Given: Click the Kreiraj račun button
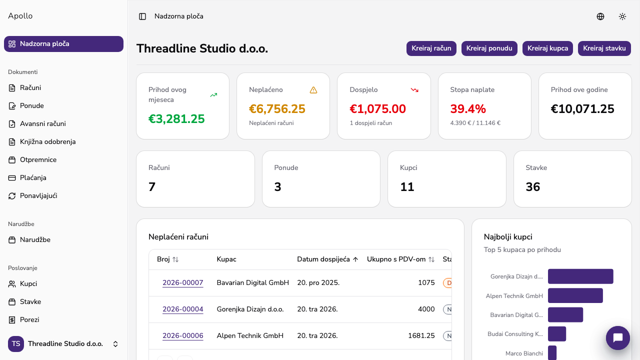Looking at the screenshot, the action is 431,48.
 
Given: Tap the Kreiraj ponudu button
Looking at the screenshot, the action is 489,48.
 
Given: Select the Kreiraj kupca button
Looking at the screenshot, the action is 547,48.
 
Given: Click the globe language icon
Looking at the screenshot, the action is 600,16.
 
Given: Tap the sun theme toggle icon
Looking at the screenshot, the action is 622,16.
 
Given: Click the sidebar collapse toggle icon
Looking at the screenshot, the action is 142,16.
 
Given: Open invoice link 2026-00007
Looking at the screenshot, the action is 183,282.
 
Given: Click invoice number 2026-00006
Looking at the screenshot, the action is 183,335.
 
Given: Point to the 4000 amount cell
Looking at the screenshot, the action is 426,309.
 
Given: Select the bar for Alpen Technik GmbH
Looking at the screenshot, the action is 575,295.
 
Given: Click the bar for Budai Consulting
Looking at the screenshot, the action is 557,333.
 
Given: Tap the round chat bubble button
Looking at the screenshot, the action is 617,337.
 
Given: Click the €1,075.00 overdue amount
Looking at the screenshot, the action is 377,109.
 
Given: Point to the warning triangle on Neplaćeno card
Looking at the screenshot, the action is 313,90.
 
